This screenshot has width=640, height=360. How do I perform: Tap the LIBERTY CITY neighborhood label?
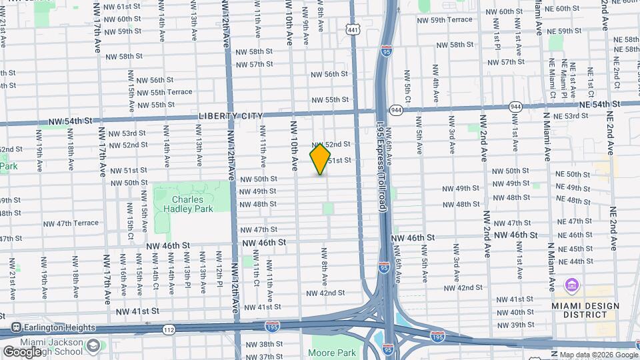tap(231, 116)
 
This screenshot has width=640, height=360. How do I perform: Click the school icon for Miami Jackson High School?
tap(93, 345)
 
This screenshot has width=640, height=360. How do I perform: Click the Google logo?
tap(21, 351)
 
